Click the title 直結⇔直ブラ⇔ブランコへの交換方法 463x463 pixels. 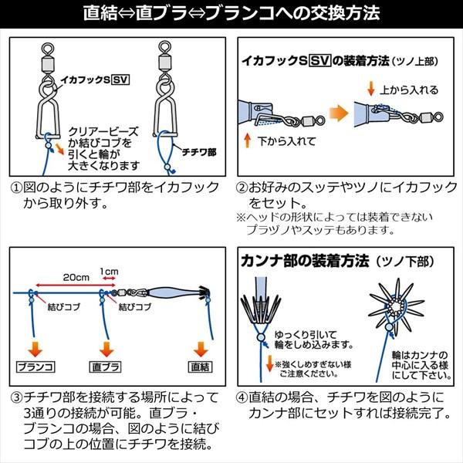click(231, 13)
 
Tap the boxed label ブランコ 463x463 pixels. click(34, 363)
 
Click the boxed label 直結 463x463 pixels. click(199, 363)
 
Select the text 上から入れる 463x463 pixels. click(410, 90)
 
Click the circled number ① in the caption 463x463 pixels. click(16, 188)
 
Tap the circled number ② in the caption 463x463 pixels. click(242, 188)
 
